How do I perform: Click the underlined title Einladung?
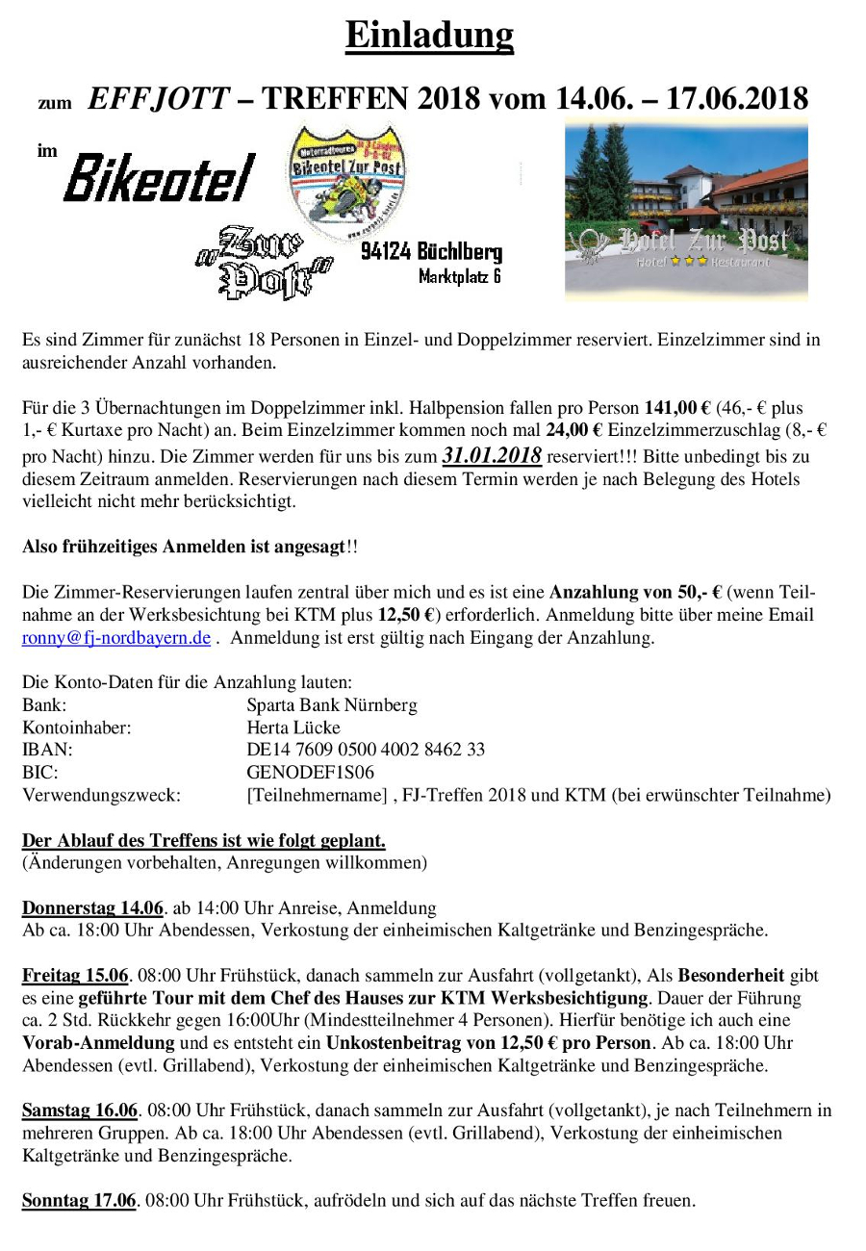pyautogui.click(x=429, y=36)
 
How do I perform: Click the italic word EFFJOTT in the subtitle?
pyautogui.click(x=159, y=97)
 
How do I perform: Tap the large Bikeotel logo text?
pyautogui.click(x=159, y=179)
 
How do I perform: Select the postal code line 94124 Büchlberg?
pyautogui.click(x=432, y=252)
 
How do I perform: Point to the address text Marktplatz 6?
pyautogui.click(x=460, y=277)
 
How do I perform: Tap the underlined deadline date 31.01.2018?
pyautogui.click(x=492, y=454)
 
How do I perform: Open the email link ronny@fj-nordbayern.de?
pyautogui.click(x=116, y=637)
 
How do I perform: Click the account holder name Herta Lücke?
pyautogui.click(x=293, y=728)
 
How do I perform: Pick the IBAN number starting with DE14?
pyautogui.click(x=366, y=750)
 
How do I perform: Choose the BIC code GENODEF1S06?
pyautogui.click(x=311, y=772)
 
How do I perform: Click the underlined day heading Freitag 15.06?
pyautogui.click(x=77, y=975)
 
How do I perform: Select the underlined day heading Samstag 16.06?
pyautogui.click(x=81, y=1111)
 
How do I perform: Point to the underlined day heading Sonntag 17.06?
pyautogui.click(x=79, y=1200)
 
